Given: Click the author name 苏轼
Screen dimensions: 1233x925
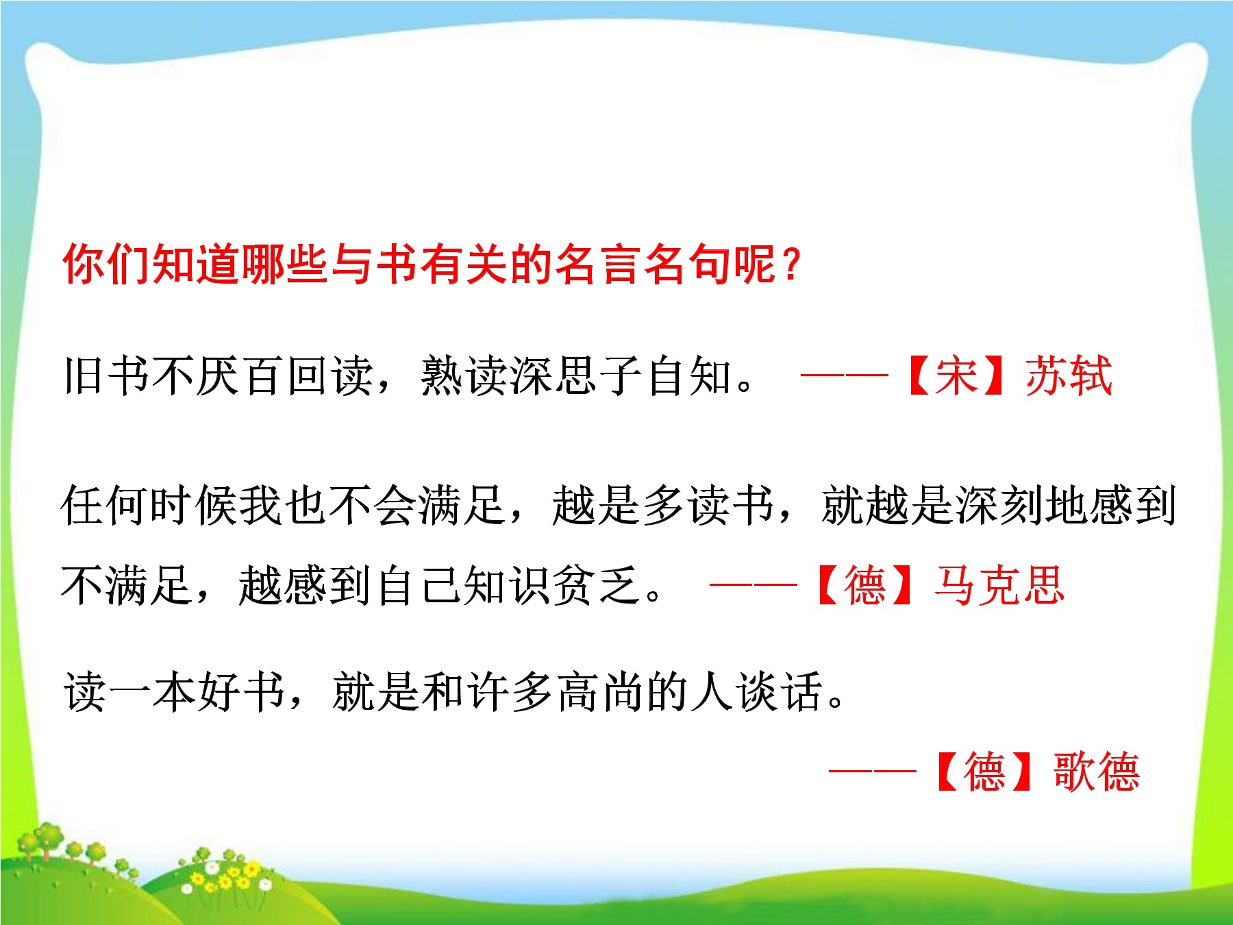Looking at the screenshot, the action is (x=1069, y=375).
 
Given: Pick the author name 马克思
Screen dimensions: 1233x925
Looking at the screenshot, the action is (x=1000, y=585).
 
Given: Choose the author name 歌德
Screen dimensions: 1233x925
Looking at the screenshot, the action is (x=1096, y=772).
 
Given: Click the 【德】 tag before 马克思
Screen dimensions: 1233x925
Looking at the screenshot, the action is (x=866, y=585).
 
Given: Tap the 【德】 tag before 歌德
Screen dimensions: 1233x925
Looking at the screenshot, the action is (x=984, y=772).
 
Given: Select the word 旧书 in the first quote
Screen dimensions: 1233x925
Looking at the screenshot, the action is (x=106, y=375).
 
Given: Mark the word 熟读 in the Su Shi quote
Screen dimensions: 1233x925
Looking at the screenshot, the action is (x=463, y=375).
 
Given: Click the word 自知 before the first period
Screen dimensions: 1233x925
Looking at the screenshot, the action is (x=688, y=375).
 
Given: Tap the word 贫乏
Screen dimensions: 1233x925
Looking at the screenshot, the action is (x=597, y=585).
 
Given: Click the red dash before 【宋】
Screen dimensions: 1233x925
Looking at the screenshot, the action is (x=844, y=375).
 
